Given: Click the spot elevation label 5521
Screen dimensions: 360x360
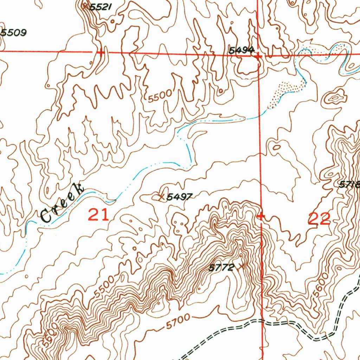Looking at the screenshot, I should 101,7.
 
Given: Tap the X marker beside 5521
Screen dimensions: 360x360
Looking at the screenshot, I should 85,6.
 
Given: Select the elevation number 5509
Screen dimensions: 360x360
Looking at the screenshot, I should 13,33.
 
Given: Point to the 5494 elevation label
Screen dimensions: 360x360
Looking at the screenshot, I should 241,51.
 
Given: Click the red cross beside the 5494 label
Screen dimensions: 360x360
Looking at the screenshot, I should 258,56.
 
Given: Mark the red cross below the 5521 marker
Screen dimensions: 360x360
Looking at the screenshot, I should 101,53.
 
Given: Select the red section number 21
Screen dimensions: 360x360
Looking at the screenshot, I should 98,214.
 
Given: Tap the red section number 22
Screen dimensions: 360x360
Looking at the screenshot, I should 319,219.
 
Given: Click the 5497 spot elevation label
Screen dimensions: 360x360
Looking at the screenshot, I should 179,197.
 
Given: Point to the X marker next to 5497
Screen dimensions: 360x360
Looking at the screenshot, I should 161,197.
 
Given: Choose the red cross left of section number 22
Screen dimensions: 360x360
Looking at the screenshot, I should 261,216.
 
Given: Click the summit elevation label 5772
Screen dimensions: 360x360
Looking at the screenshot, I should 221,268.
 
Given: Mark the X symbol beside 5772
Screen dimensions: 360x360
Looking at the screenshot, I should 241,266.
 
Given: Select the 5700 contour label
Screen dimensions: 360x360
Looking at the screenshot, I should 178,322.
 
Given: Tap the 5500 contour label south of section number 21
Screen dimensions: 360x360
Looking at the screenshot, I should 104,287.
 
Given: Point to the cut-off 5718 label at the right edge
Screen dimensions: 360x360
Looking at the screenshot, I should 350,185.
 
